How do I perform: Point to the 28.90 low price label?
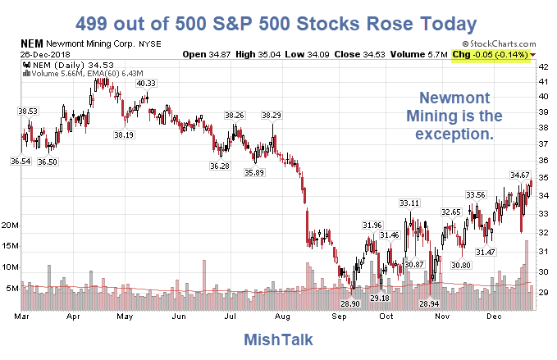[349, 304]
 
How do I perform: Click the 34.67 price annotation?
[519, 175]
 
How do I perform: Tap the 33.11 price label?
[409, 203]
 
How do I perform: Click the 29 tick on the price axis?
[542, 291]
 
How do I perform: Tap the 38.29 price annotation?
[272, 115]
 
